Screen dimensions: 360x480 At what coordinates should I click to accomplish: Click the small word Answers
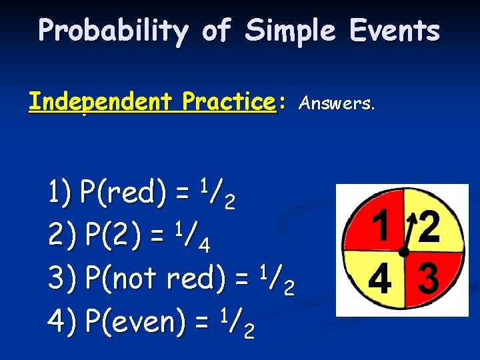pos(337,103)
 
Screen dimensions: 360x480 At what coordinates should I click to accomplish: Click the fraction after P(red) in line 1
pos(217,193)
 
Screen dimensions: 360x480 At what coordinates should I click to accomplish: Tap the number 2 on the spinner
pos(429,227)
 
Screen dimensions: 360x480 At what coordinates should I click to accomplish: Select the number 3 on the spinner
pos(428,279)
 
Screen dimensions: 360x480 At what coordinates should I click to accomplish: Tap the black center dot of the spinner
pos(403,251)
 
